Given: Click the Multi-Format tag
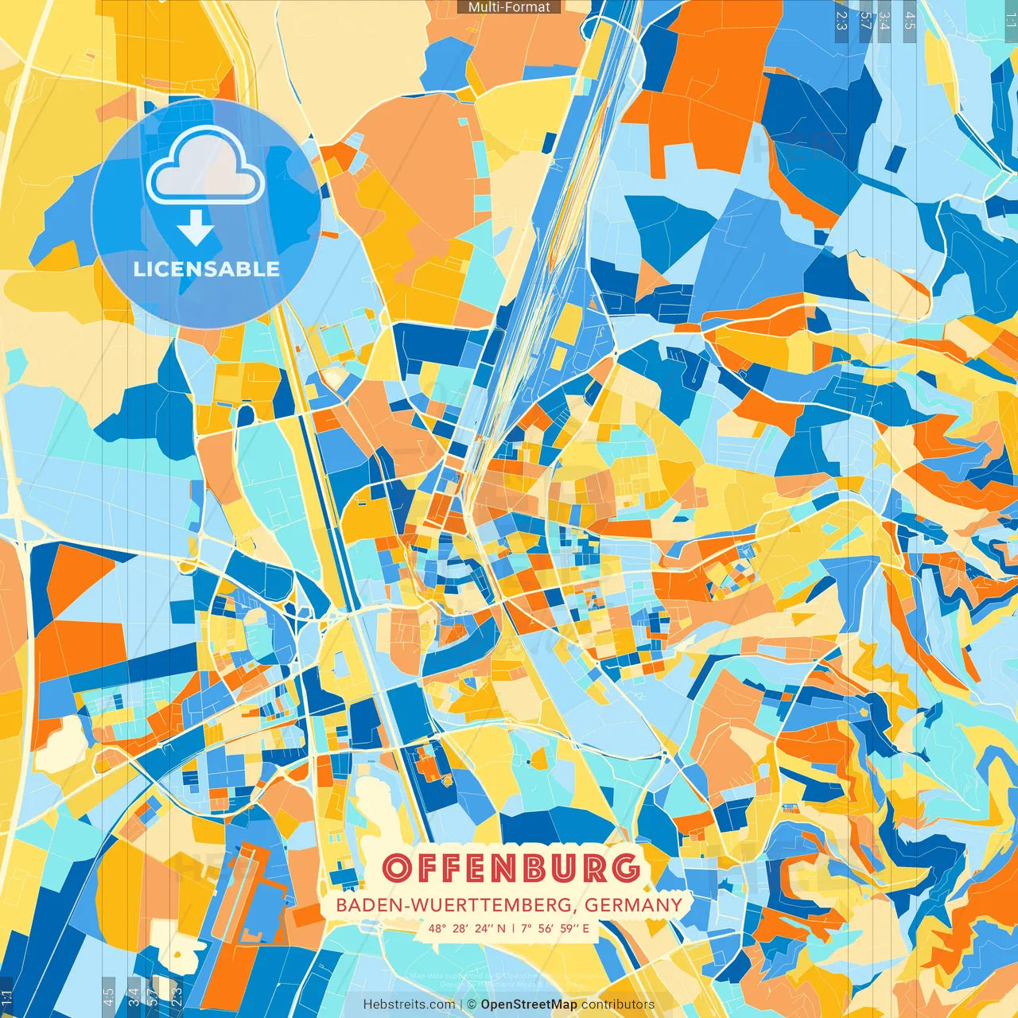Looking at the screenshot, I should coord(509,7).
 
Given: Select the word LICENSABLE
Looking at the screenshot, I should coord(207,269).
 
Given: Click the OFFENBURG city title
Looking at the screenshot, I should coord(511,868).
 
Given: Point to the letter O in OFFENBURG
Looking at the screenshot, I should coord(397,868).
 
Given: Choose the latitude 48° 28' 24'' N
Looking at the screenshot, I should coord(467,928).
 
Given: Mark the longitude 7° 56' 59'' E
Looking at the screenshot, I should coord(556,928).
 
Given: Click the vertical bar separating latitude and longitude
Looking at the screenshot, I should coord(513,928).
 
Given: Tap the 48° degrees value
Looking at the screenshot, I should coord(437,928).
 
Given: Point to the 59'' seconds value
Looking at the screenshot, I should coord(569,928).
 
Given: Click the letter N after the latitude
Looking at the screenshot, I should coord(501,928).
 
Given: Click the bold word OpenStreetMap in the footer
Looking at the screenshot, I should coord(528,1004).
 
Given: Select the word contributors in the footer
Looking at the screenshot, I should coord(618,1004).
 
